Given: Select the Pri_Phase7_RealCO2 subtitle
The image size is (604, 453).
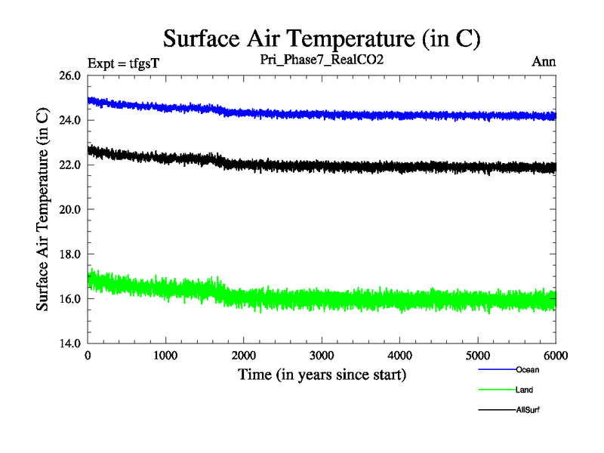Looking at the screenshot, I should (x=322, y=60).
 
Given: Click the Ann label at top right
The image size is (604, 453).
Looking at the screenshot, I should (x=544, y=62).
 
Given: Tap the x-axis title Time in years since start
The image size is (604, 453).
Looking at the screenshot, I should (x=322, y=374).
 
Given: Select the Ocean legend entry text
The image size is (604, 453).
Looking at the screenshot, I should (x=527, y=370).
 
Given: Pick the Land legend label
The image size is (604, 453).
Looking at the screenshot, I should (x=525, y=390).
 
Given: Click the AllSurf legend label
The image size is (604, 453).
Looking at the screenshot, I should (x=528, y=410).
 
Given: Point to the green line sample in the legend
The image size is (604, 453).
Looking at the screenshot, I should (x=496, y=390).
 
